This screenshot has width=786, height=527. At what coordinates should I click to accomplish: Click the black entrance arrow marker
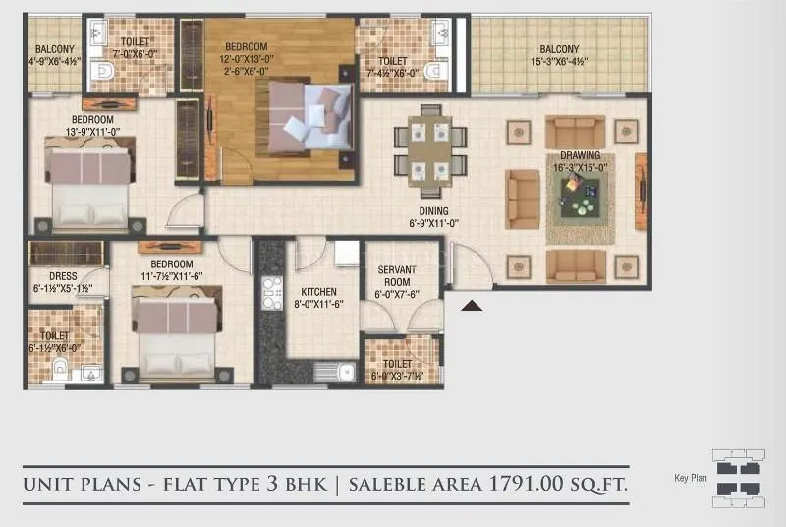[x=473, y=306]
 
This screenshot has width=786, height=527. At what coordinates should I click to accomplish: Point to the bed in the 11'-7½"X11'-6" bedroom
[x=174, y=334]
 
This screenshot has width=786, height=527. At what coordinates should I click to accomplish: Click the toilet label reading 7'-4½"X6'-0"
[x=392, y=66]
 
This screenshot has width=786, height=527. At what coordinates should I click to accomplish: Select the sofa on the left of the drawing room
[x=523, y=199]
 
